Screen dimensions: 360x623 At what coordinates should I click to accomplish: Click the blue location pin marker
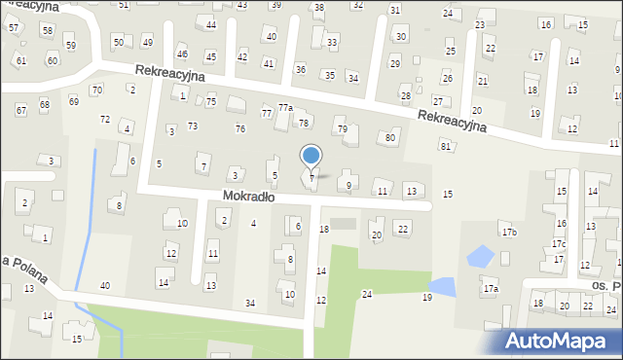click(311, 156)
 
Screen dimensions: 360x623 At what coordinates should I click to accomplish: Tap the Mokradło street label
click(248, 196)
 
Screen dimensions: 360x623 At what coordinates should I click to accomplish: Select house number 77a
click(284, 107)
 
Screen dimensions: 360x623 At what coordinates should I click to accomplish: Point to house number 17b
click(508, 232)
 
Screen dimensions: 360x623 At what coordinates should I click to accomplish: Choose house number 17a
click(491, 289)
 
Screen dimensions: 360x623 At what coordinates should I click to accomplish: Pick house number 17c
click(558, 244)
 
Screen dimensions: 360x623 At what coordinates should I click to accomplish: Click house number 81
click(445, 146)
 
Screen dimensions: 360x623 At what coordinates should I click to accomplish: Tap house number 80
click(390, 137)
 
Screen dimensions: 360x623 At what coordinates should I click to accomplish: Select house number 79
click(342, 128)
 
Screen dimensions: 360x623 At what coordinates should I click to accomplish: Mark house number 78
click(304, 123)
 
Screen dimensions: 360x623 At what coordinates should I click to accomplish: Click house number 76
click(239, 128)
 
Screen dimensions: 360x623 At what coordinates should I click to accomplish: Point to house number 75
click(210, 101)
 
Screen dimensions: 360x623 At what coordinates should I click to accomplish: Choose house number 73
click(193, 126)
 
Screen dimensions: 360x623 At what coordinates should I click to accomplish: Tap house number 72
click(105, 119)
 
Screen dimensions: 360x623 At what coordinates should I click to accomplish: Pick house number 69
click(74, 101)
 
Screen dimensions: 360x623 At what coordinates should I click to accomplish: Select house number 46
click(182, 54)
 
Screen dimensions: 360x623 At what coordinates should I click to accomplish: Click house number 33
click(332, 43)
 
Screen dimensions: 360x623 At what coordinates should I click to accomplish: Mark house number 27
click(438, 101)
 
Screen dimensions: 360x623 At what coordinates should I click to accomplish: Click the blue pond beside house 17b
click(479, 257)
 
